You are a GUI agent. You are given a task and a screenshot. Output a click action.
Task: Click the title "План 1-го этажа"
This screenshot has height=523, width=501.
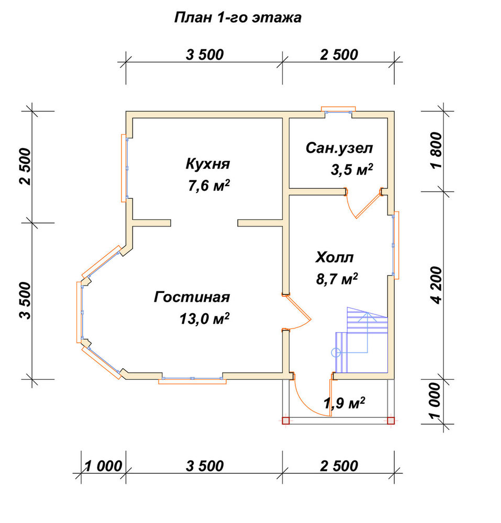click(238, 18)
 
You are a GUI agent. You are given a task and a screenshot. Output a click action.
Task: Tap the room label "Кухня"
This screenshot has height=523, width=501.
click(208, 164)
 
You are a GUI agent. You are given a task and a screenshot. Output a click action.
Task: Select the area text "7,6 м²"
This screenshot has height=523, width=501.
click(209, 186)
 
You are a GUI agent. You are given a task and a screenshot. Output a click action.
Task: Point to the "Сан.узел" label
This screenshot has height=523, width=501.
click(339, 148)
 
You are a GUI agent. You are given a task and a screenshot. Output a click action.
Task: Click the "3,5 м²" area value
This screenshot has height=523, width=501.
click(351, 169)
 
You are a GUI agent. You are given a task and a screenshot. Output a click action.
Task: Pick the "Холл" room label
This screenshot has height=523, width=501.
click(335, 258)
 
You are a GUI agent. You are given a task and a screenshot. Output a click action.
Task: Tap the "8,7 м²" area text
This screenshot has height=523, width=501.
click(337, 279)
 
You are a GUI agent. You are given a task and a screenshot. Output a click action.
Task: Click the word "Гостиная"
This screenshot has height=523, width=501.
click(192, 297)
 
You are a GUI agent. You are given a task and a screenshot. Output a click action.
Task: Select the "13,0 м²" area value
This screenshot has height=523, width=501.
click(204, 319)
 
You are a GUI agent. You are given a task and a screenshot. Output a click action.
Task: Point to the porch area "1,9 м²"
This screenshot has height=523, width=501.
click(344, 403)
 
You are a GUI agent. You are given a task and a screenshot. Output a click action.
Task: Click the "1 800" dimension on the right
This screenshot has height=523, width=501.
click(436, 151)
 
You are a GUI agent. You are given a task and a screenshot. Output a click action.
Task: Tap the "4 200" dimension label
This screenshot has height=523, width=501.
click(436, 285)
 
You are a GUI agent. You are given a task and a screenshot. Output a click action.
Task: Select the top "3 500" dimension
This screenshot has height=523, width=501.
click(205, 55)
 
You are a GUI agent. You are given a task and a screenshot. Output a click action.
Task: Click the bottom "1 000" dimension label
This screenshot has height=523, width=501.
click(103, 466)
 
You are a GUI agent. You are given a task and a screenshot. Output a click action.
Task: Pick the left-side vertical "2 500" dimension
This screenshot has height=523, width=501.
click(25, 167)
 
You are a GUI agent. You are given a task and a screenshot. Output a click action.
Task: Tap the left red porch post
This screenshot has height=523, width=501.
click(286, 420)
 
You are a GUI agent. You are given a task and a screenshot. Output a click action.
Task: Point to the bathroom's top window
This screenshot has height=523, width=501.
click(339, 110)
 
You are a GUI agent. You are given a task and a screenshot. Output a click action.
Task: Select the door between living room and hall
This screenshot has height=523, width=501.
click(297, 312)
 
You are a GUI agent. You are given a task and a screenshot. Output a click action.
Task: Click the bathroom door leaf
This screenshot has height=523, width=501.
click(369, 205)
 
